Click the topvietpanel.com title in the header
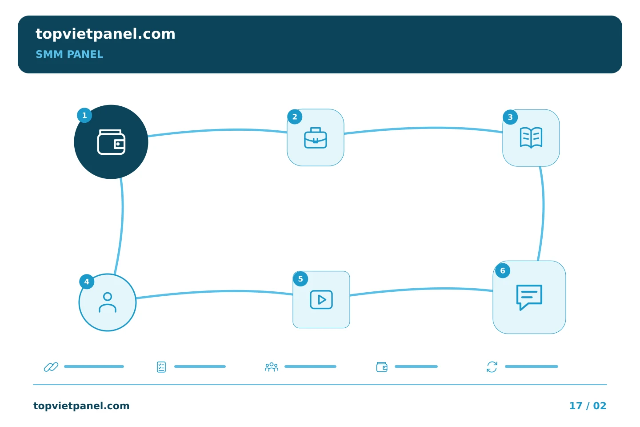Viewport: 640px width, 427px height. click(x=105, y=34)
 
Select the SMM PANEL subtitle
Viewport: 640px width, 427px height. click(x=69, y=54)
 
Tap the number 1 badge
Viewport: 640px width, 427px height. click(x=84, y=115)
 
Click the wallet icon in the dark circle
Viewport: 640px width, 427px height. click(x=111, y=142)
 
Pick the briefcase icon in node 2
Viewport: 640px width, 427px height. click(x=316, y=138)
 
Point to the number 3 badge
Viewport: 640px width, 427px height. click(x=510, y=117)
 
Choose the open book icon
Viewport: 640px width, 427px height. click(x=531, y=138)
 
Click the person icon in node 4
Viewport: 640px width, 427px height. click(x=108, y=302)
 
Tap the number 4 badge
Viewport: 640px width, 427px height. click(x=87, y=282)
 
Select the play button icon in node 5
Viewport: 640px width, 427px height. click(x=321, y=299)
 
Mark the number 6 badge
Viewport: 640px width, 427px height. click(x=503, y=270)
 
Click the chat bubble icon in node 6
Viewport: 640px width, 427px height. click(x=529, y=297)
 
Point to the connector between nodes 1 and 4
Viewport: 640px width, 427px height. click(x=122, y=226)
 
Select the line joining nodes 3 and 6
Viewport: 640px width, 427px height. click(x=543, y=213)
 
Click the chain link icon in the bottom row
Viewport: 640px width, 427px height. click(x=51, y=367)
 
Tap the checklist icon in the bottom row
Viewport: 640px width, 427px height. click(x=161, y=367)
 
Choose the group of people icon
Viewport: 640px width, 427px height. click(x=272, y=367)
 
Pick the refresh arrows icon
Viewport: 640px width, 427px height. click(x=492, y=367)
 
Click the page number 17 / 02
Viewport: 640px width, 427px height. click(x=588, y=406)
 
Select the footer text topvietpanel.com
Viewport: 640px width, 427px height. click(x=81, y=406)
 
